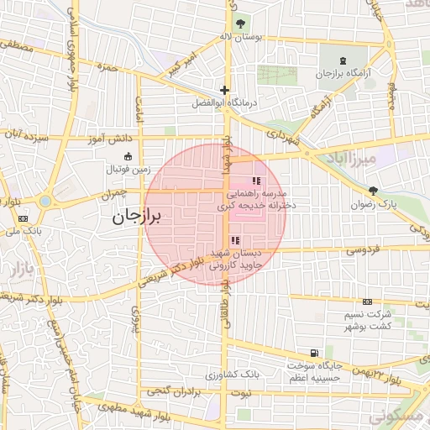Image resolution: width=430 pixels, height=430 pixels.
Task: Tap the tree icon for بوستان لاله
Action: click(242, 23)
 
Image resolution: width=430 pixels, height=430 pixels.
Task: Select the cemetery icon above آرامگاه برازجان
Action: click(342, 60)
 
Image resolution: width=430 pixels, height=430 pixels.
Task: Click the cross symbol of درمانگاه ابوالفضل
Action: click(223, 90)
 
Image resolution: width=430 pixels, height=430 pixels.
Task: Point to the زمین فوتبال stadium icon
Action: click(127, 156)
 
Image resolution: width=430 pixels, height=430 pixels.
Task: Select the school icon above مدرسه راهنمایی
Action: click(255, 181)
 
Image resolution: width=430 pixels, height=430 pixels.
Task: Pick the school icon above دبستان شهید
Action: click(233, 241)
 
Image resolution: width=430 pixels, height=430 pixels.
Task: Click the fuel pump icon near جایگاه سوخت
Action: click(313, 354)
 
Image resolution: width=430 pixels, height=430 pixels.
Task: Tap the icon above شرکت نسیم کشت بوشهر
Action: click(367, 302)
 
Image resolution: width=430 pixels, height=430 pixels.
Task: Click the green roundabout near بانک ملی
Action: click(44, 201)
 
